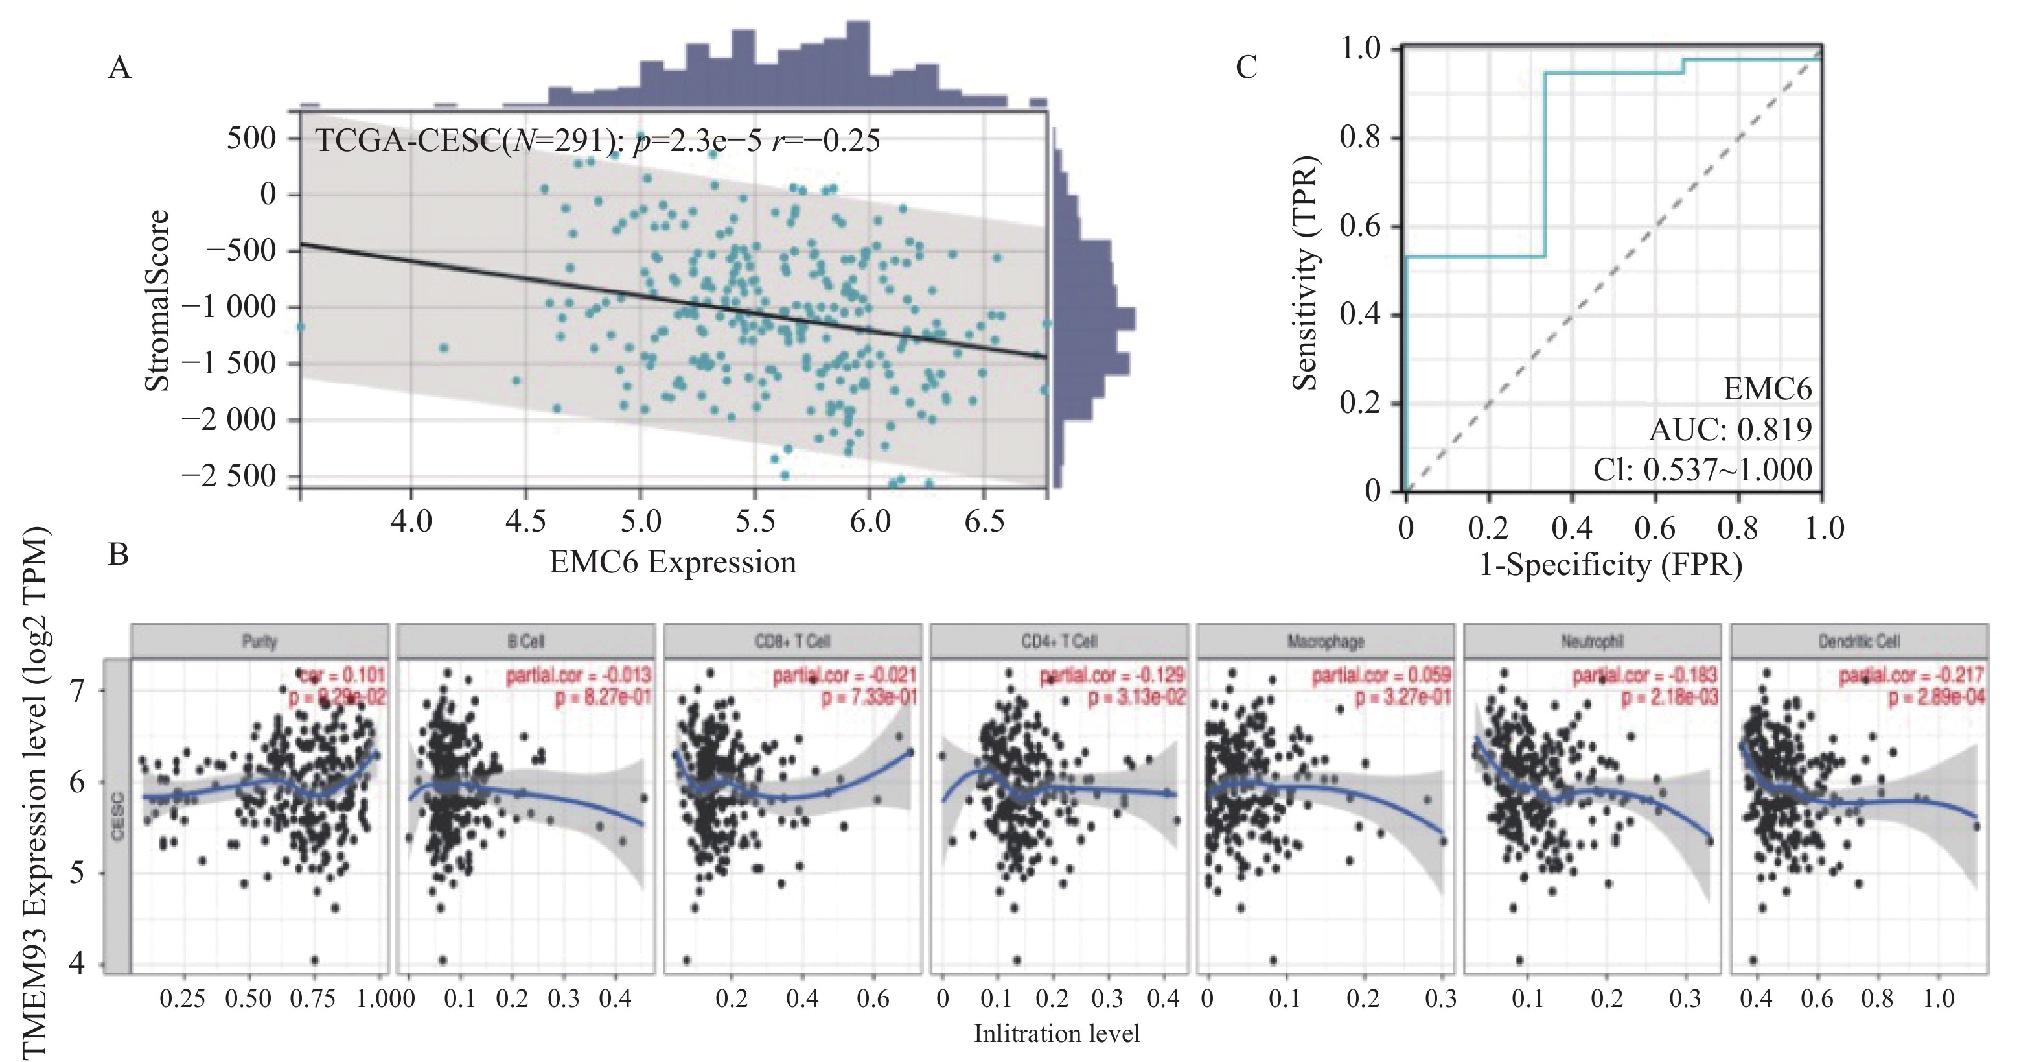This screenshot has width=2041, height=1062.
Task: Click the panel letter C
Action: point(1247,68)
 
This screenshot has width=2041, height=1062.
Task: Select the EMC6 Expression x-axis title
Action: point(673,563)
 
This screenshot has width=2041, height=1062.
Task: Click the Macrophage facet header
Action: point(1326,641)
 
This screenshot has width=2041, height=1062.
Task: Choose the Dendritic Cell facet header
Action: point(1859,641)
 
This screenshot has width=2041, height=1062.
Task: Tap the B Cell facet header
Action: point(526,641)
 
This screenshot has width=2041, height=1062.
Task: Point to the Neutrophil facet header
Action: point(1593,641)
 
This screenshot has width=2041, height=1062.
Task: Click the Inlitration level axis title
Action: point(1057,1033)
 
